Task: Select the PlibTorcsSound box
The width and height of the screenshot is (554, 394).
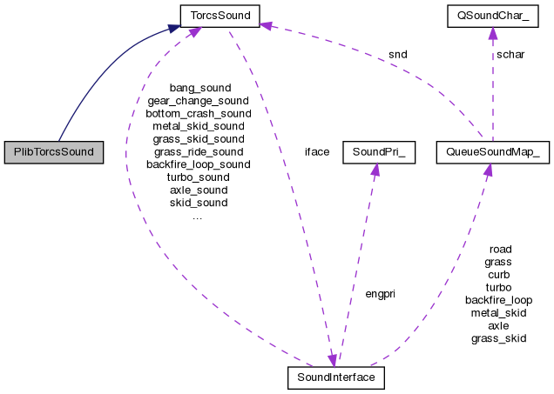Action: [x=53, y=151]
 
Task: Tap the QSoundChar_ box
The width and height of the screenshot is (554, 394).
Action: [x=491, y=15]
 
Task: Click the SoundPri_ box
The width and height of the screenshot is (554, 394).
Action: [x=375, y=151]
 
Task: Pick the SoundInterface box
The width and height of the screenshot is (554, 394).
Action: [x=335, y=378]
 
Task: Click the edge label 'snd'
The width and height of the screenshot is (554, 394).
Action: [x=397, y=54]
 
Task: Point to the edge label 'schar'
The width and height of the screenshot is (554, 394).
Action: [x=510, y=54]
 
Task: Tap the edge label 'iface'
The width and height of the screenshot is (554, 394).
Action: [x=316, y=151]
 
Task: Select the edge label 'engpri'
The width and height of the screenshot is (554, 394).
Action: [x=380, y=294]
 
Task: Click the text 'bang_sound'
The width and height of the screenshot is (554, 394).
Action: [x=199, y=88]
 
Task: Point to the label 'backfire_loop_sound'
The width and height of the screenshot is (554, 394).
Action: [x=198, y=164]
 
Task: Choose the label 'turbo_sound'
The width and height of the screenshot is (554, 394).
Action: [x=199, y=177]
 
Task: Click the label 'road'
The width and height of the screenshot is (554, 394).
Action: [x=500, y=249]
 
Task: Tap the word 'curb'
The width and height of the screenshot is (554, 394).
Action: [x=499, y=274]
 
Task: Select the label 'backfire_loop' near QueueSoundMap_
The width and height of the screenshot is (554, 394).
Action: [x=499, y=299]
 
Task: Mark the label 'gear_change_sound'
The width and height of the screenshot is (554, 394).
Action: [x=198, y=101]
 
